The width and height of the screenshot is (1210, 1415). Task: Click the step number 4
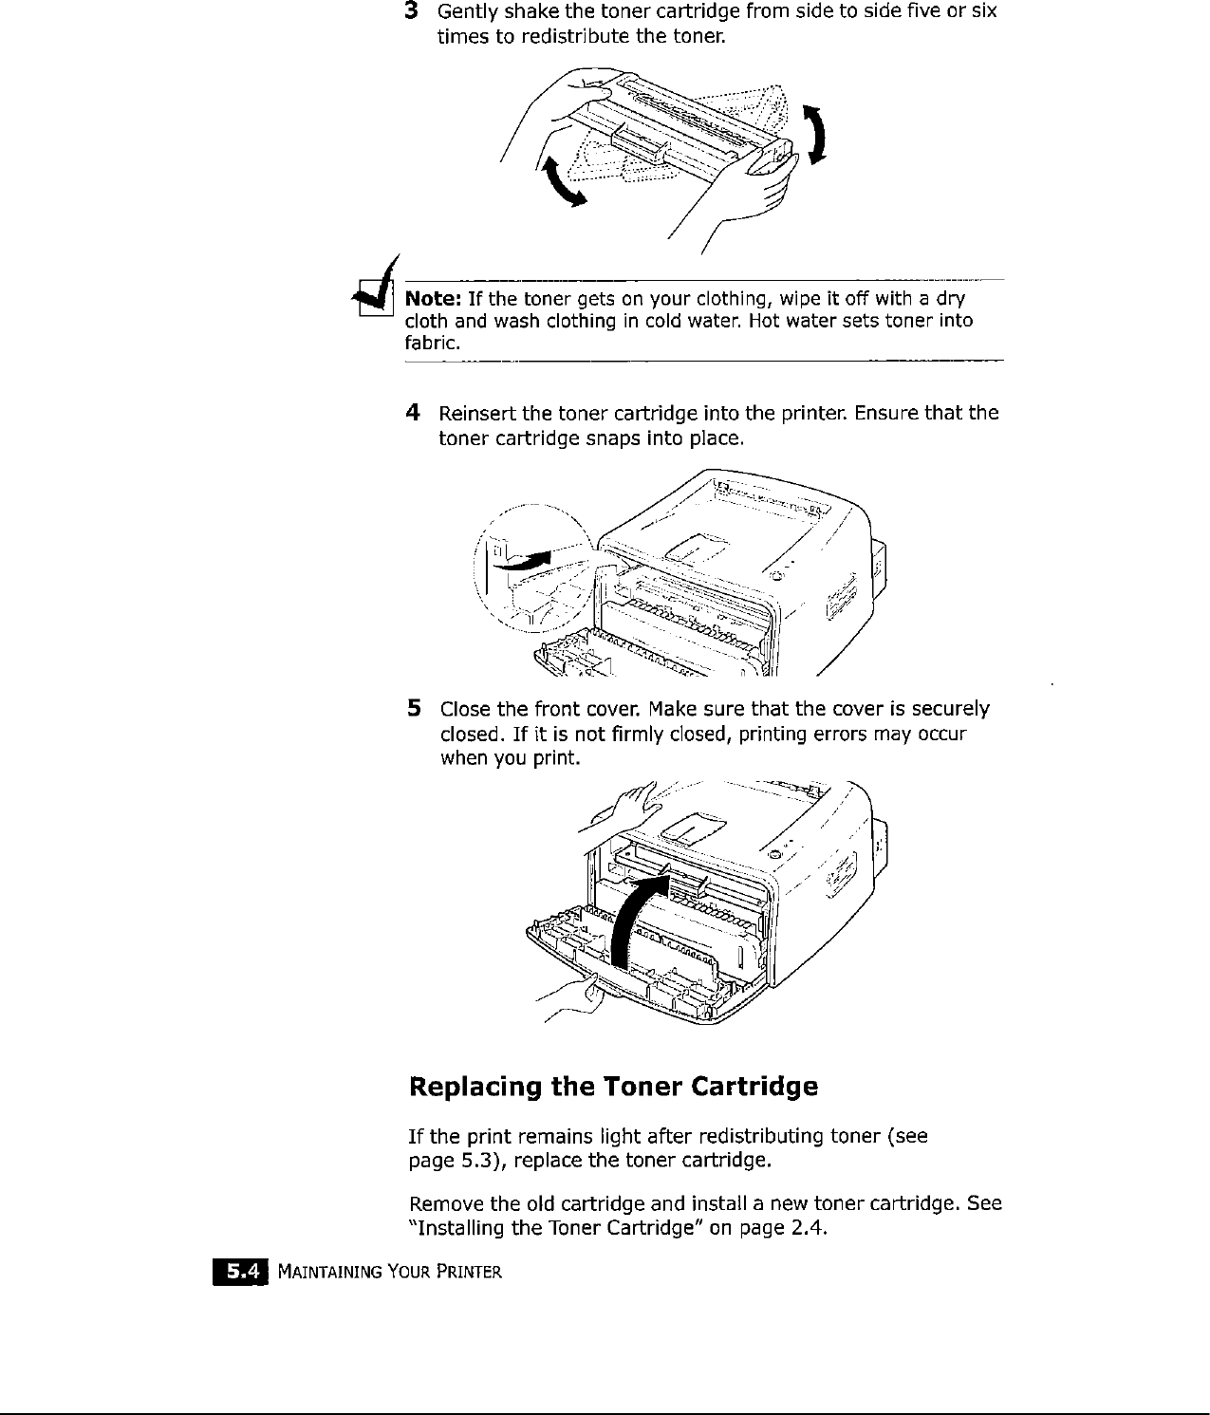tap(412, 413)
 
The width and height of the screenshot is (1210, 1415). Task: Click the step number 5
tap(413, 708)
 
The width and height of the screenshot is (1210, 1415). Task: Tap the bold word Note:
tap(434, 299)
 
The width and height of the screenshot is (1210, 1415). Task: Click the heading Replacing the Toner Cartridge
tap(612, 1086)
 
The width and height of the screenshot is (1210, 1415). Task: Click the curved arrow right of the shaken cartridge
tap(814, 133)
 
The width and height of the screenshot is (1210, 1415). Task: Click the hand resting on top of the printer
tap(625, 806)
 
